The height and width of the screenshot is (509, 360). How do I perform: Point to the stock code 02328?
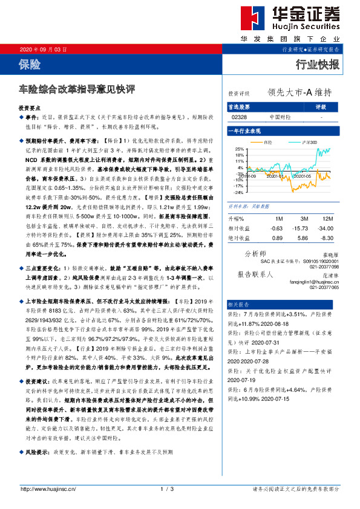click(x=239, y=117)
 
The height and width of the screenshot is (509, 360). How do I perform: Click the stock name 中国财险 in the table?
click(x=280, y=117)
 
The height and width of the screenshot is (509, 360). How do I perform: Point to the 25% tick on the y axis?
click(x=240, y=149)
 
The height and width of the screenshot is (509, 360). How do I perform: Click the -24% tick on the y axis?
click(x=239, y=193)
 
